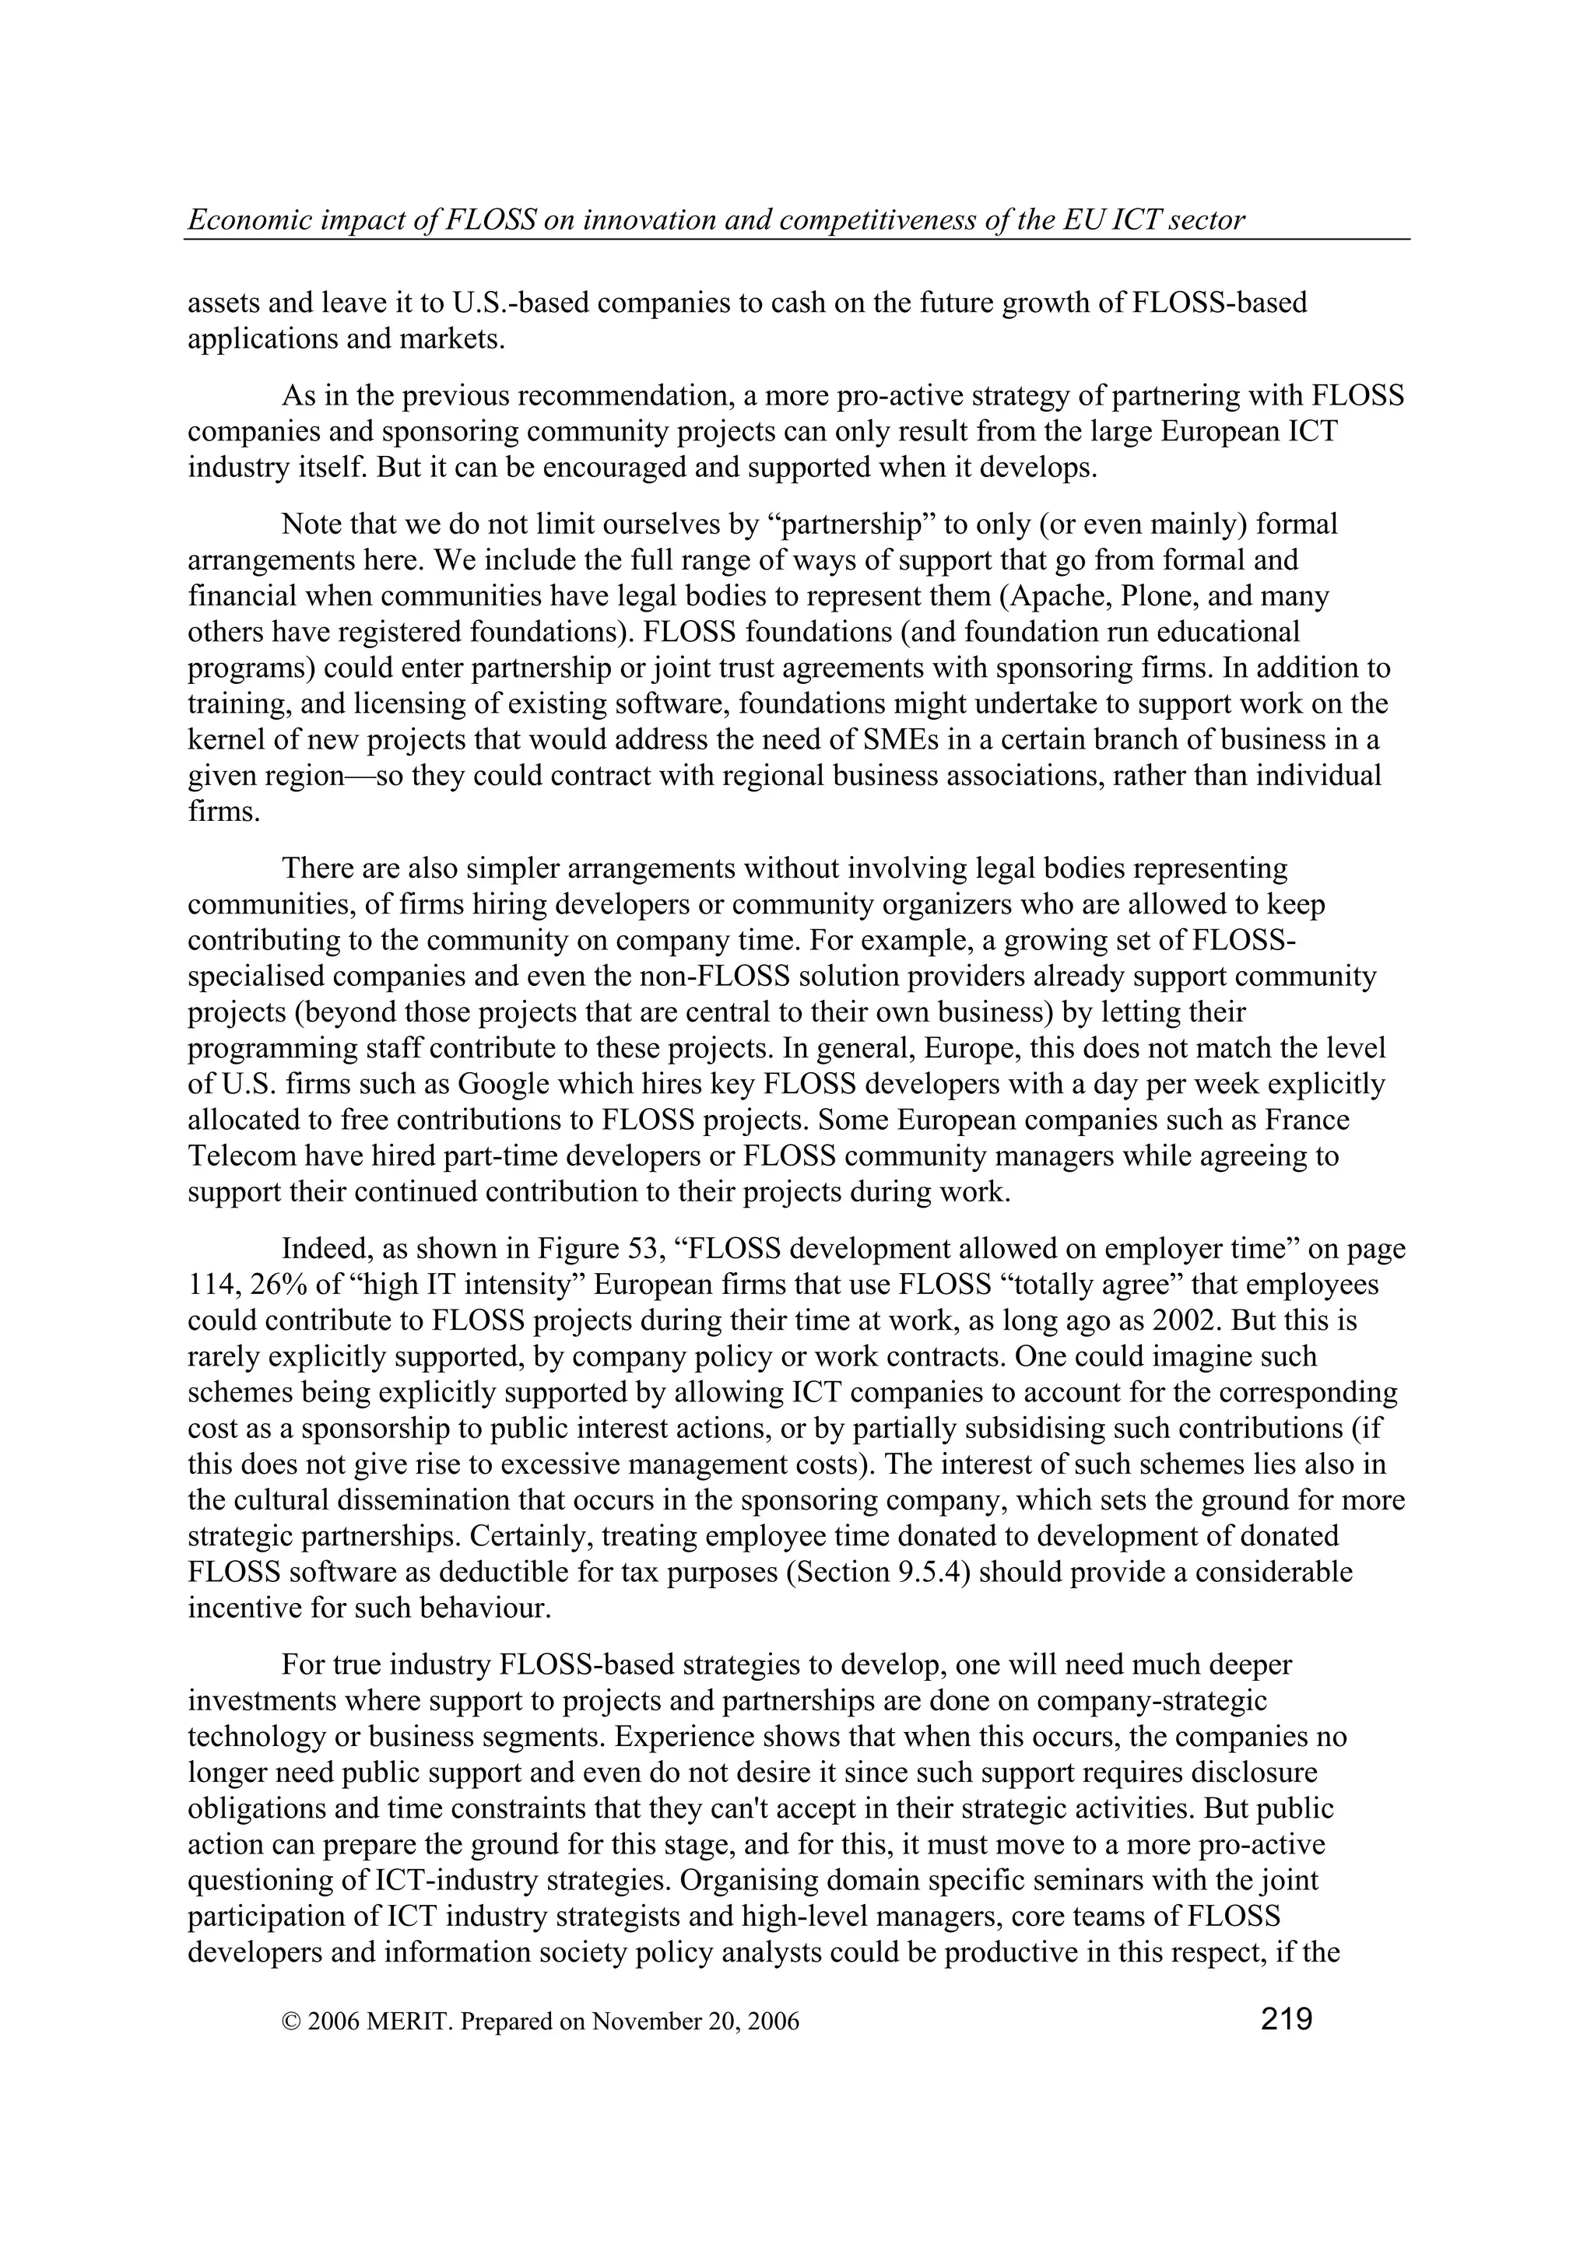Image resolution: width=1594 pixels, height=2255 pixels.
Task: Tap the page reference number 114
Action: [210, 1285]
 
